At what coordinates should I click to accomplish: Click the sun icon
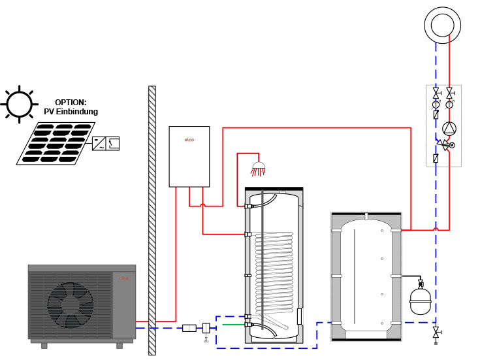point(19,103)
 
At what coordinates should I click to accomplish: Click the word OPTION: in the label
point(71,103)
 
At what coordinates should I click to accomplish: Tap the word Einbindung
point(82,112)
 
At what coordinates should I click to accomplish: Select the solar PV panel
point(52,142)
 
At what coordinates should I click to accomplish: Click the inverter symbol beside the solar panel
point(106,143)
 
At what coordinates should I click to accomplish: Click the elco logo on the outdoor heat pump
point(124,278)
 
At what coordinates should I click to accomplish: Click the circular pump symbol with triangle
point(449,129)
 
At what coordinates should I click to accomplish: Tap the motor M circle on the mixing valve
point(452,145)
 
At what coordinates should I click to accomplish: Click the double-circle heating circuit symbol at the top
point(442,25)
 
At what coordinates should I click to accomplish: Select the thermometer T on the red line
point(449,105)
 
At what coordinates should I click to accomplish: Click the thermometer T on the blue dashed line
point(436,105)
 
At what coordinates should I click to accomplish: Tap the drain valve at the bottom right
point(436,333)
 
